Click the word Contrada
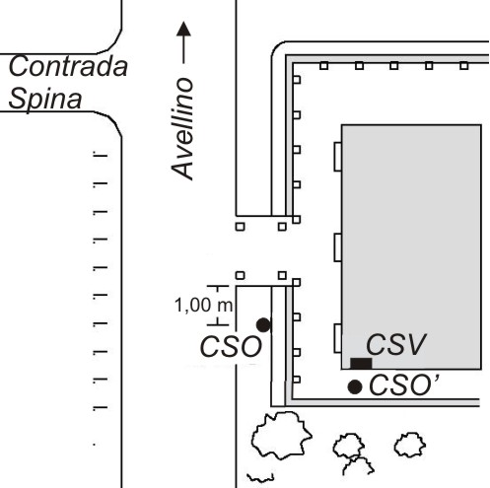click(x=68, y=66)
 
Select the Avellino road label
click(x=182, y=129)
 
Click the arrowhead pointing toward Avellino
click(x=183, y=29)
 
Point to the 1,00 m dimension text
click(x=203, y=305)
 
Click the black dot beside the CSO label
click(x=263, y=325)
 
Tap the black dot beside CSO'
click(x=355, y=387)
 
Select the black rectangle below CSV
click(x=361, y=364)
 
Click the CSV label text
click(x=396, y=345)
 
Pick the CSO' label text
click(x=404, y=385)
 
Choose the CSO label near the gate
click(x=231, y=347)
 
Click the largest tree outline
click(x=281, y=435)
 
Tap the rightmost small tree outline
click(x=410, y=445)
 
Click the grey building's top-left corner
click(x=342, y=125)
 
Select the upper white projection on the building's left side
click(x=338, y=157)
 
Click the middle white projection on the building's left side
click(x=338, y=247)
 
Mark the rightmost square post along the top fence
click(x=463, y=66)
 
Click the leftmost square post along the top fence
click(x=324, y=66)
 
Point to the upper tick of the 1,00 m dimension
click(x=218, y=287)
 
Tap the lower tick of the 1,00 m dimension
click(x=218, y=324)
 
